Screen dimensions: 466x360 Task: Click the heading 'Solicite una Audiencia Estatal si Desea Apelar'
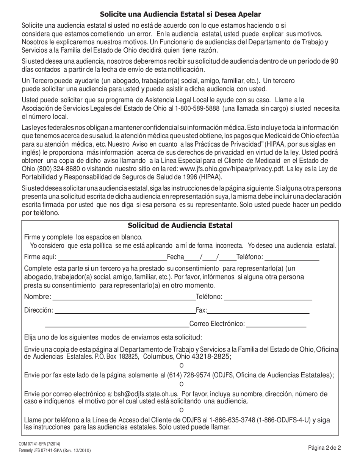click(180, 14)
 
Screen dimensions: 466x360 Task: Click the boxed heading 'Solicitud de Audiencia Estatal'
click(180, 225)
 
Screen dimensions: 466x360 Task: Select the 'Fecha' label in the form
click(175, 257)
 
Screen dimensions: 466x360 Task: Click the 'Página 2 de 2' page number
click(325, 447)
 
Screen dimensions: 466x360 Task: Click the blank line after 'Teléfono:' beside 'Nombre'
click(268, 297)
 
